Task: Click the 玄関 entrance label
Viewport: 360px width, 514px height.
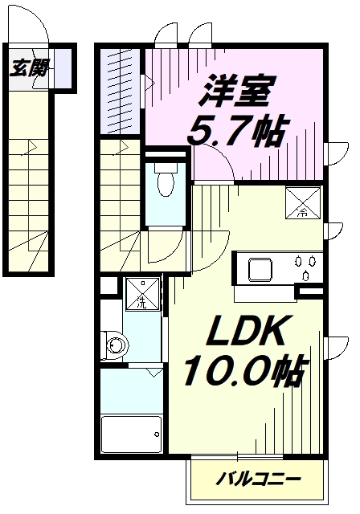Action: click(x=29, y=69)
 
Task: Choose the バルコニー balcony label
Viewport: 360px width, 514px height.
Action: click(x=259, y=479)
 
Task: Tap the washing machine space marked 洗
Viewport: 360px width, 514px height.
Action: click(x=141, y=294)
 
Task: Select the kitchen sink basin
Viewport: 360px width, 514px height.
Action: click(x=262, y=269)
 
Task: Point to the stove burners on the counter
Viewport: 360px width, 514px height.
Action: click(x=305, y=267)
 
